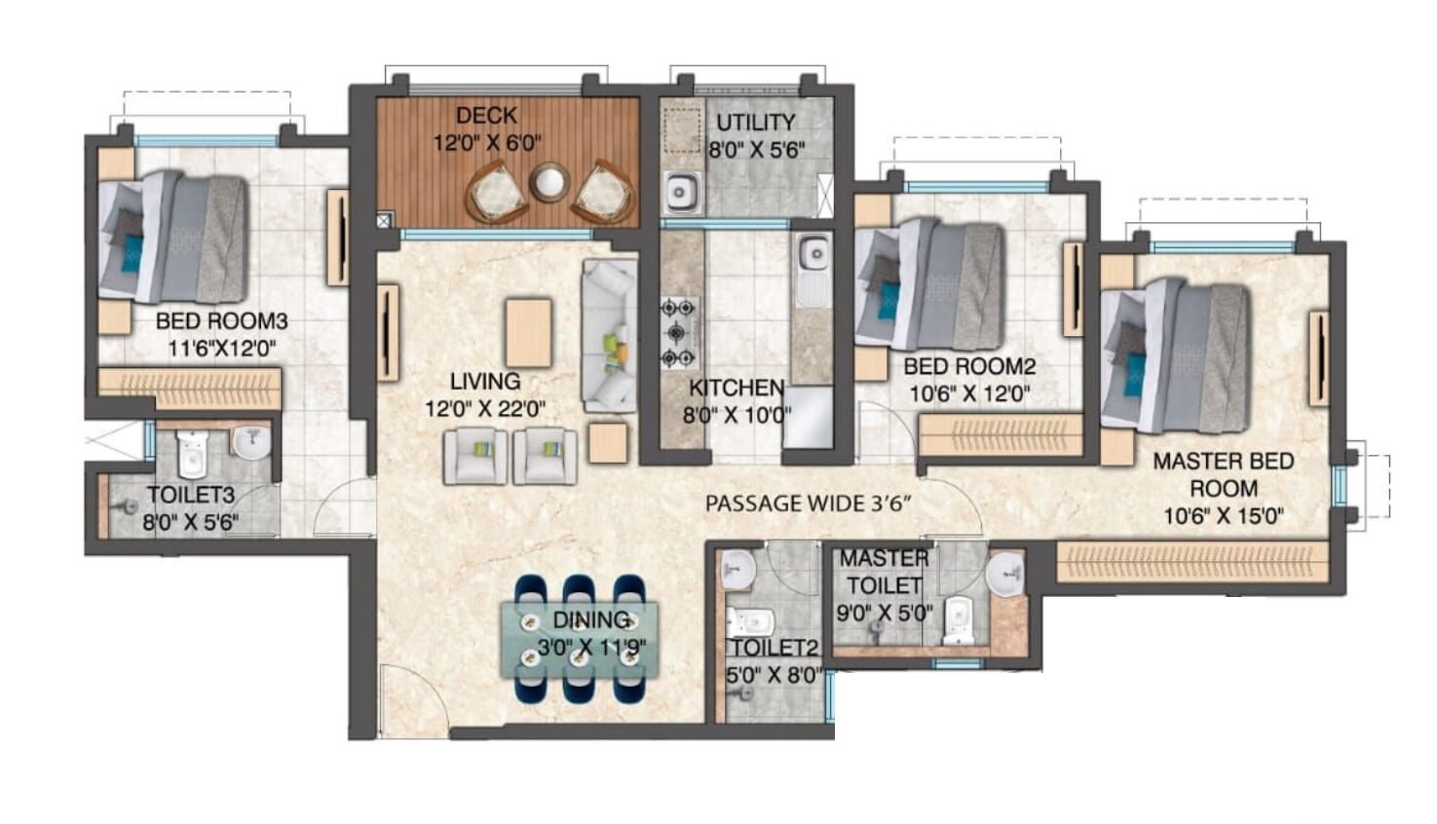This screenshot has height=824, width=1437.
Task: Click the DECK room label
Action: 486,116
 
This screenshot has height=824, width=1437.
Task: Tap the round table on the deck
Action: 549,182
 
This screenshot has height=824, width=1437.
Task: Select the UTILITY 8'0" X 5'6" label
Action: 755,135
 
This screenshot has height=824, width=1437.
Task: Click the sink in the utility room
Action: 681,191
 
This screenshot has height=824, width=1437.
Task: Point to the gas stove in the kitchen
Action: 679,333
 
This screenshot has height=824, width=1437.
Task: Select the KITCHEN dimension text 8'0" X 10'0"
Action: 737,415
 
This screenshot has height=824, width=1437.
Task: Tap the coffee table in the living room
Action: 528,332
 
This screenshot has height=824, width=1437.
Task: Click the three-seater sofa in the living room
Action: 609,334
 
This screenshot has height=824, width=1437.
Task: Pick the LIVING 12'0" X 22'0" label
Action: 484,394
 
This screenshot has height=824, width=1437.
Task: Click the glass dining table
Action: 580,639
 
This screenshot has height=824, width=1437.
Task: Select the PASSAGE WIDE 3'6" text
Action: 808,504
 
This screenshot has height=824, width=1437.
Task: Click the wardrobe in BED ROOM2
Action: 1001,433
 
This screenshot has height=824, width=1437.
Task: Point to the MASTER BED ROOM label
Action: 1223,474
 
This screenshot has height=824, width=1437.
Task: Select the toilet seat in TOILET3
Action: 192,454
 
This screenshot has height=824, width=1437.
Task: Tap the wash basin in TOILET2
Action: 738,566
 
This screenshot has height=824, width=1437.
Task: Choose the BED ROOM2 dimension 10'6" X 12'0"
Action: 969,393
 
